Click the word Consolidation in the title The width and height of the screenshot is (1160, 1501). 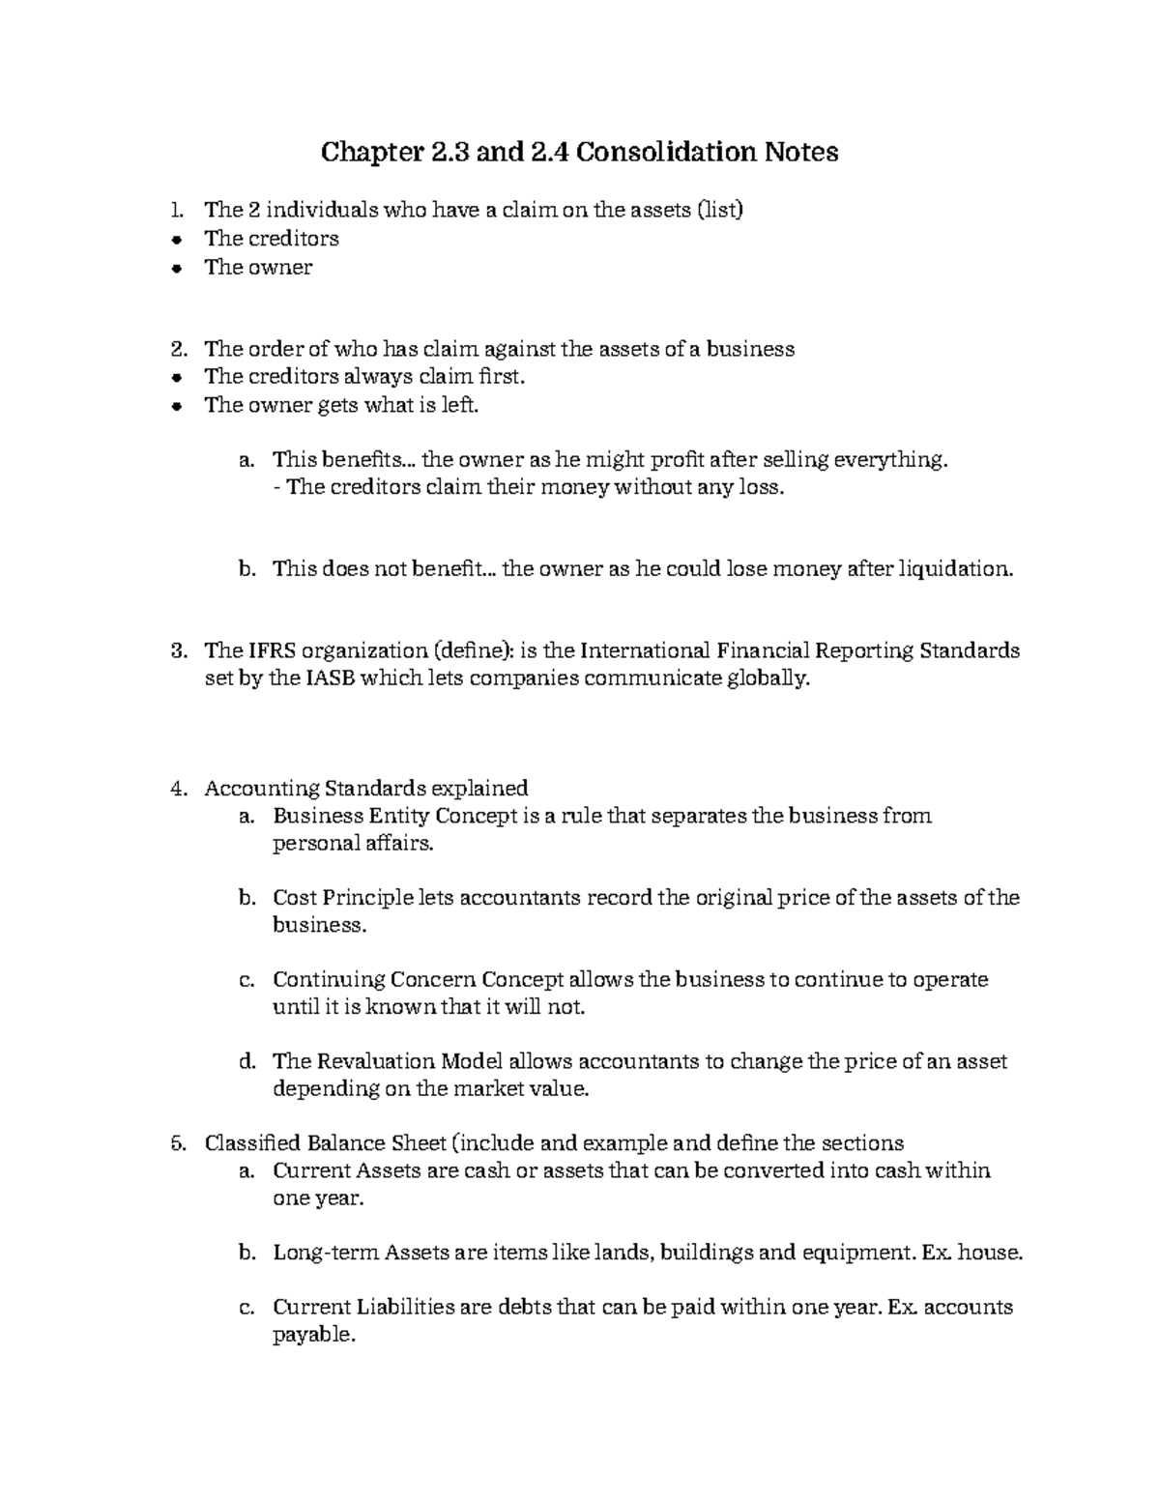(663, 153)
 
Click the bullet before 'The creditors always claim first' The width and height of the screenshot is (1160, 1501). (176, 377)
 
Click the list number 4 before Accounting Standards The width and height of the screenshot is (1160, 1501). (176, 788)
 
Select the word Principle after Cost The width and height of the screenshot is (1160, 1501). (366, 898)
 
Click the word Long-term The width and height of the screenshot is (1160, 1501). (326, 1254)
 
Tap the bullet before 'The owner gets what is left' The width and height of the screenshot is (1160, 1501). (176, 406)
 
